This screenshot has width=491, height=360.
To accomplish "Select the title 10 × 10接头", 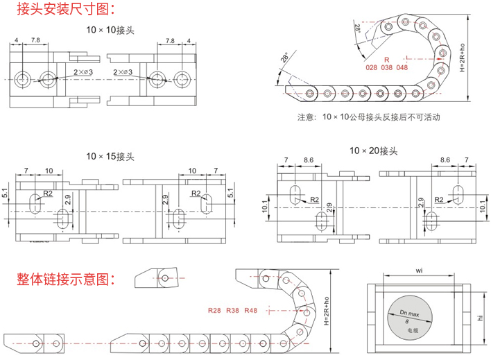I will (x=110, y=30).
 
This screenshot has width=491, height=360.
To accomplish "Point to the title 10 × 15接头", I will (x=110, y=156).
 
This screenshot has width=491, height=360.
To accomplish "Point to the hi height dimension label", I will (x=480, y=318).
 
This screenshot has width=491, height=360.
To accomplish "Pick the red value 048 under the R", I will (x=421, y=68).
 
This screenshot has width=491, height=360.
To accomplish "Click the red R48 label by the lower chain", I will (x=251, y=310).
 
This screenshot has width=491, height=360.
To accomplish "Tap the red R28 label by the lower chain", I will (x=214, y=310).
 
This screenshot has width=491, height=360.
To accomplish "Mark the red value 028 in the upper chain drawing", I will (x=372, y=68).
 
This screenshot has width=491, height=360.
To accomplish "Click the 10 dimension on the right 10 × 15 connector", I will (x=191, y=169).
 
